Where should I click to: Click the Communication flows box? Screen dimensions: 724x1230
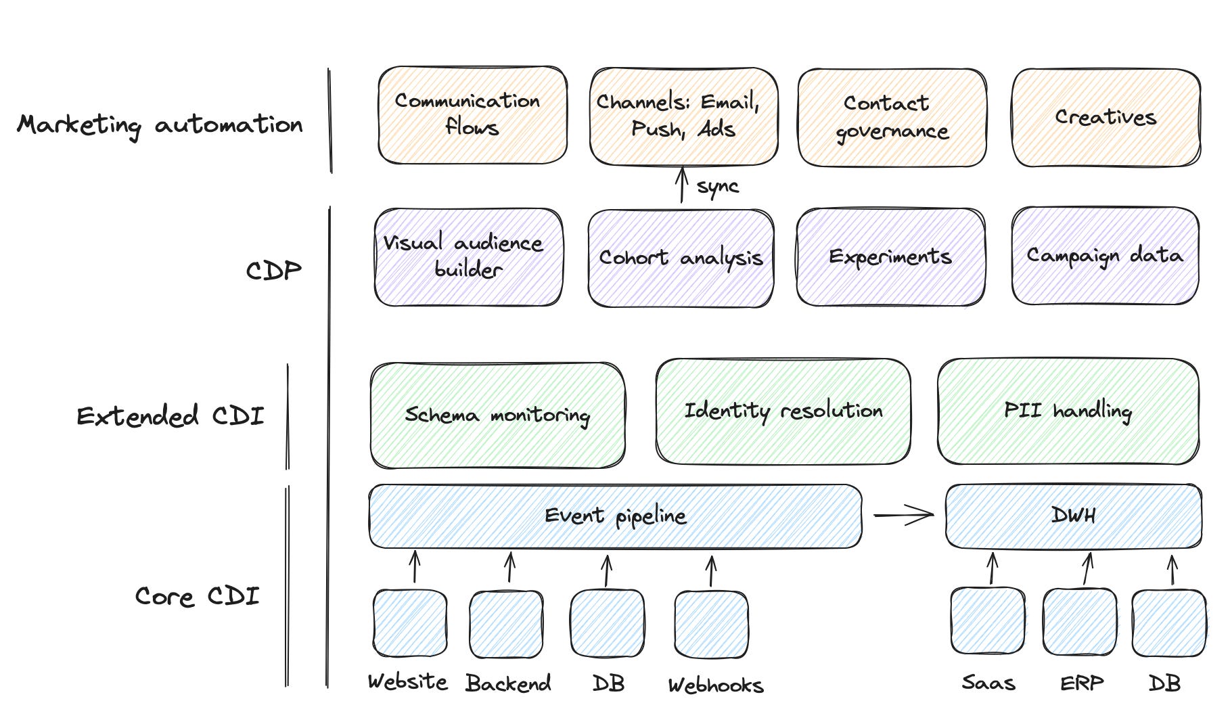coord(472,115)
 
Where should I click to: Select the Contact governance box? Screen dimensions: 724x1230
coord(892,117)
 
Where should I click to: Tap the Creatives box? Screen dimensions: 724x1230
coord(1106,117)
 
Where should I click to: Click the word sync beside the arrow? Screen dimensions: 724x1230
coord(717,186)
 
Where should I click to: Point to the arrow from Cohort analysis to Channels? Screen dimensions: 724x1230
coord(682,185)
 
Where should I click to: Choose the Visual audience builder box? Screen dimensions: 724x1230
coord(468,257)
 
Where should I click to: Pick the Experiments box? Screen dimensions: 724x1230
coord(890,257)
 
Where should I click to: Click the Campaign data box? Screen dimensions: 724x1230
coord(1105,256)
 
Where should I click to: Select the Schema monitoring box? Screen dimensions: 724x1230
coord(497,415)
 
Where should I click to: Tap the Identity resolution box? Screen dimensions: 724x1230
coord(783,411)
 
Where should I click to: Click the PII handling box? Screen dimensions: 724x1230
coord(1068,411)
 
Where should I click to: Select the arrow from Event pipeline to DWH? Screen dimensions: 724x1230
coord(904,516)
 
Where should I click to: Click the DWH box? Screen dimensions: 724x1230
coord(1073,516)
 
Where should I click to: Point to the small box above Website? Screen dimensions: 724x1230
coord(410,623)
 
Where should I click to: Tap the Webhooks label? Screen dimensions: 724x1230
coord(716,685)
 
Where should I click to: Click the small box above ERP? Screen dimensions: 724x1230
coord(1080,622)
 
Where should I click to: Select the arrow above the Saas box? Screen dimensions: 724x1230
coord(993,568)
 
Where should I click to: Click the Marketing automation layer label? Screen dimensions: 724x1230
coord(160,125)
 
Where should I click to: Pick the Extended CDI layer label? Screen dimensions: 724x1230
coord(170,415)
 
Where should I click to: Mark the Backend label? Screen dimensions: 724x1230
coord(508,683)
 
